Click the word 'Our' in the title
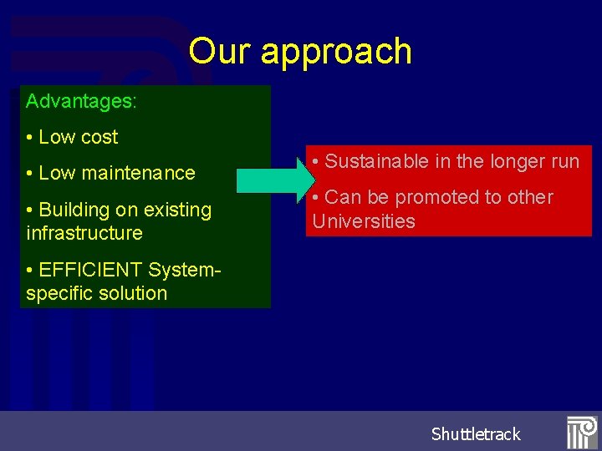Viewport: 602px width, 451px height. pos(220,51)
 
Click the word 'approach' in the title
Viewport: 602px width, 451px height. pos(336,53)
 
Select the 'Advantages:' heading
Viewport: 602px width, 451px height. pos(81,102)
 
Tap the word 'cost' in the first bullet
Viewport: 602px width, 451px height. pos(99,137)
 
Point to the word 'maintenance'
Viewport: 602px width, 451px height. pos(143,173)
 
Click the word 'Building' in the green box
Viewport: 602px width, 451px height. pos(75,210)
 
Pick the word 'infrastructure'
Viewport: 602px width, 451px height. pos(84,233)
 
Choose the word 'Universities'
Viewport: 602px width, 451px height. pos(364,221)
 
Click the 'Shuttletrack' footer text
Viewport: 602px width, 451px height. pos(476,433)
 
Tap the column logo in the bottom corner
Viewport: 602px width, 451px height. pos(582,433)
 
